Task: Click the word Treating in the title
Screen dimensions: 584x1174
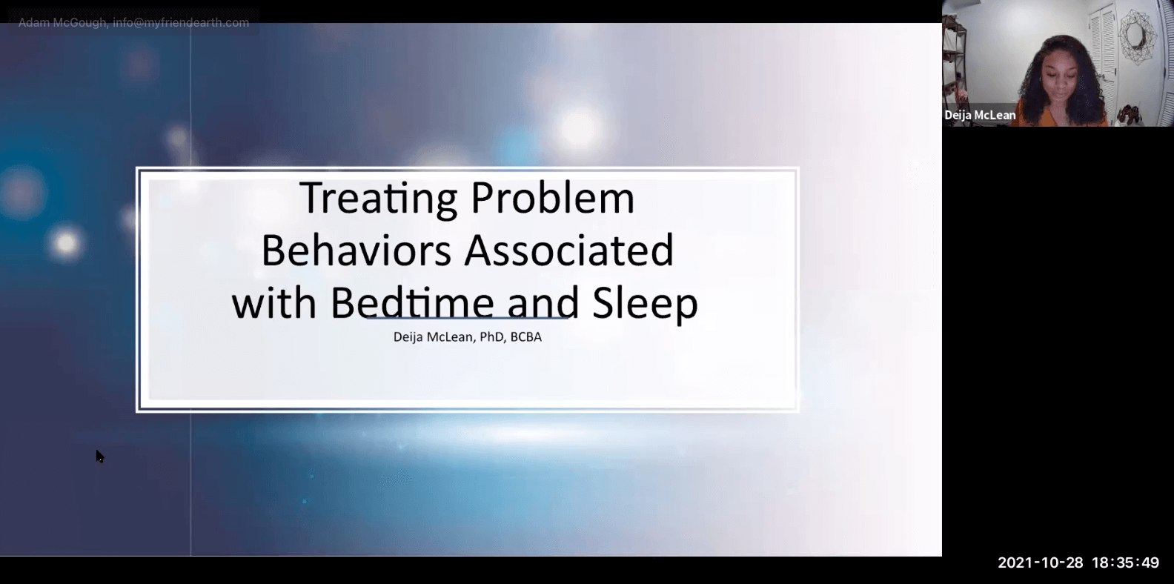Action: pyautogui.click(x=378, y=198)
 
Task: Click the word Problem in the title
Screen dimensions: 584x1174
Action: pyautogui.click(x=552, y=198)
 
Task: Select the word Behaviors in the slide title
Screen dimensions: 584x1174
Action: pyautogui.click(x=356, y=250)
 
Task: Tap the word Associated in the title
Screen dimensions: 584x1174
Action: pyautogui.click(x=568, y=250)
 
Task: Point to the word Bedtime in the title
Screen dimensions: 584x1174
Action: pyautogui.click(x=412, y=302)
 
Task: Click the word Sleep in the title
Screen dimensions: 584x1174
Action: pyautogui.click(x=645, y=302)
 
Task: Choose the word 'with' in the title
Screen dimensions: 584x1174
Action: pyautogui.click(x=274, y=302)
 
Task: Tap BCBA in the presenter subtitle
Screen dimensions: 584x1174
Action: pyautogui.click(x=526, y=337)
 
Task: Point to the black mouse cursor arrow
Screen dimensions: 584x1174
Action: pyautogui.click(x=99, y=456)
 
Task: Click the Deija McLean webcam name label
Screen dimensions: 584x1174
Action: pyautogui.click(x=980, y=115)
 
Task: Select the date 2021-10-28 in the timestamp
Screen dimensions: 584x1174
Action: pyautogui.click(x=1041, y=563)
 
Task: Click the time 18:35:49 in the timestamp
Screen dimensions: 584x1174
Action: pyautogui.click(x=1125, y=563)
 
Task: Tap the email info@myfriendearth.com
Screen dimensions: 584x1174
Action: pyautogui.click(x=181, y=23)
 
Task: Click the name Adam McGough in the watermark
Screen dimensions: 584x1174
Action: pyautogui.click(x=63, y=23)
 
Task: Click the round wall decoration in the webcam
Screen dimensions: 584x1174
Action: pyautogui.click(x=1134, y=37)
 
